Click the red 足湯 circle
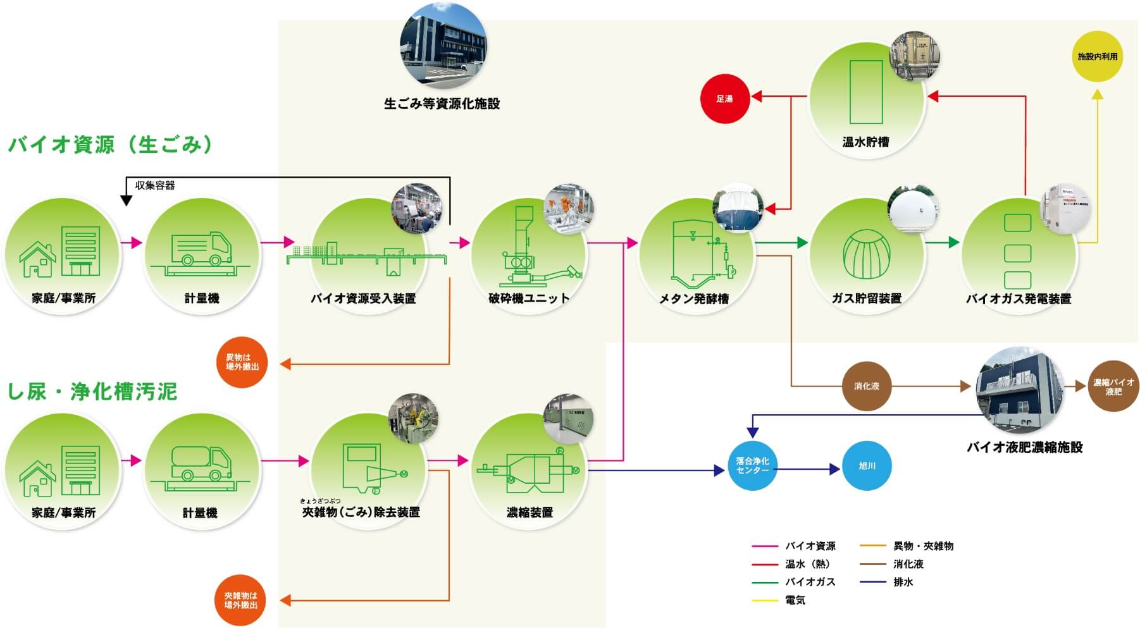tap(724, 99)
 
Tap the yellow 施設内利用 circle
tap(1097, 56)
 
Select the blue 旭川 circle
tap(867, 465)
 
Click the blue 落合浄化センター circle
tap(752, 465)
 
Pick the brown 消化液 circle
tap(867, 386)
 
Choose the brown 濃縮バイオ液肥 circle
tap(1113, 386)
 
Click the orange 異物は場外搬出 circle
tap(242, 362)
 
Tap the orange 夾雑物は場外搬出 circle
tap(241, 600)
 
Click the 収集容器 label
tap(155, 185)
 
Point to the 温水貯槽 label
tap(865, 142)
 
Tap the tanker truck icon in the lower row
tap(201, 464)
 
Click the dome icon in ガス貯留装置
tap(867, 254)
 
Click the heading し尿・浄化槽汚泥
tap(92, 391)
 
